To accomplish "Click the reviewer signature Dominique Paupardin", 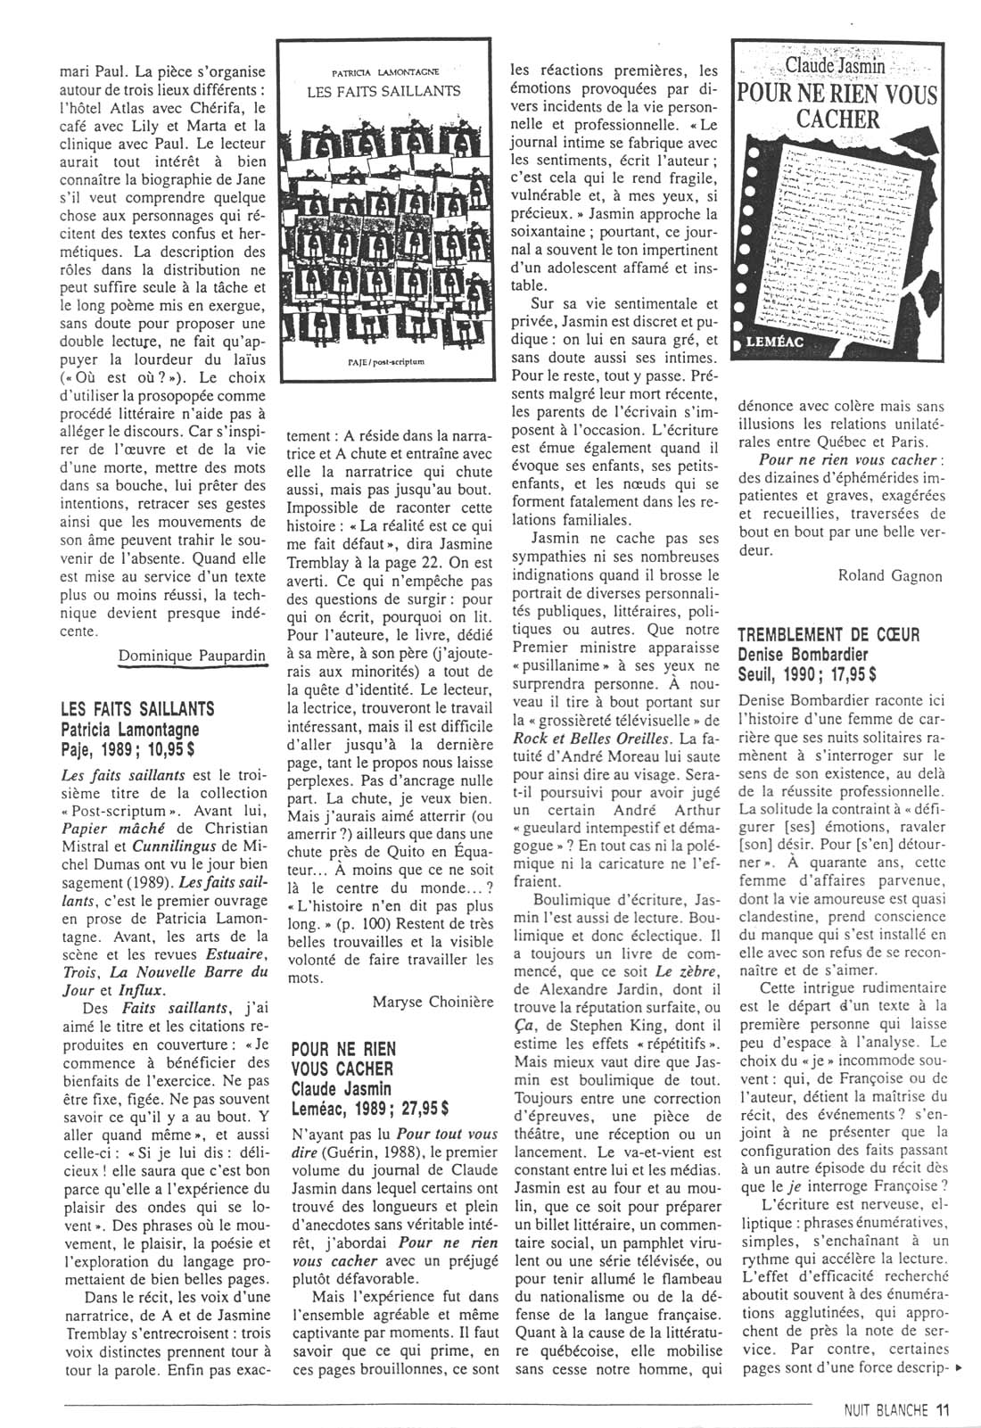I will (x=192, y=656).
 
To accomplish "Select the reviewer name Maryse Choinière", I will (x=433, y=1002).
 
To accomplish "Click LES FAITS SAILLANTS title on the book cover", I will (x=383, y=91).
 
